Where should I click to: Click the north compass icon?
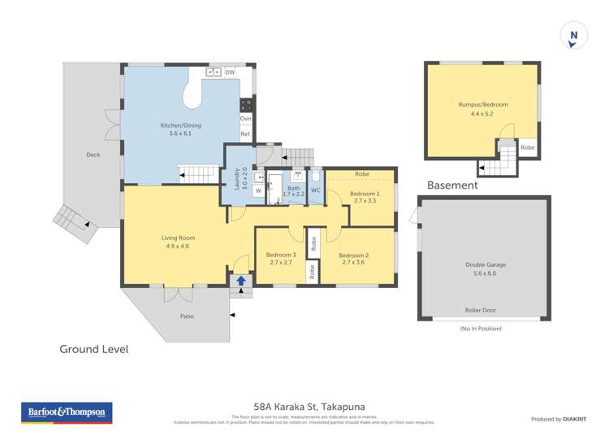click(x=573, y=35)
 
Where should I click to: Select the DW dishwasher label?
click(x=230, y=73)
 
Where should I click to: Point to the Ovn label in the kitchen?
click(x=245, y=119)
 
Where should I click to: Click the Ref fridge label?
click(x=245, y=134)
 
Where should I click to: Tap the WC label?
click(x=316, y=190)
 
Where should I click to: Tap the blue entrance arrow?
click(x=240, y=281)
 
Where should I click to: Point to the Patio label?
click(x=187, y=316)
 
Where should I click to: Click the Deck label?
click(x=93, y=155)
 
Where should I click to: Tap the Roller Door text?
click(x=483, y=310)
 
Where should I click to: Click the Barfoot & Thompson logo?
click(x=66, y=413)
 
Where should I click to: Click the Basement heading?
click(x=452, y=185)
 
